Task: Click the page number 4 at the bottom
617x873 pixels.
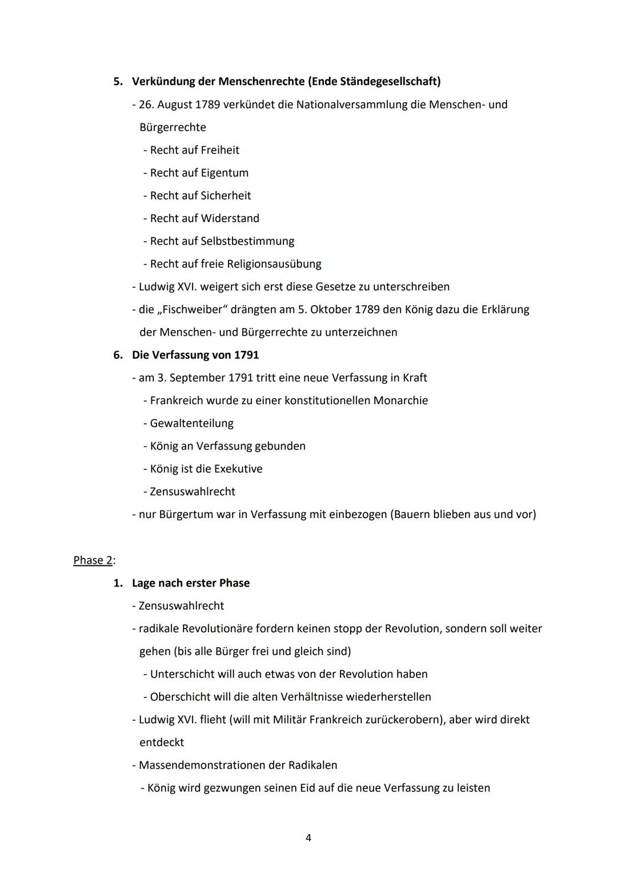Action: pos(308,838)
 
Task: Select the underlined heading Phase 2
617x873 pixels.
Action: pos(93,560)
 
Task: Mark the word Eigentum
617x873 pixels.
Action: pos(225,173)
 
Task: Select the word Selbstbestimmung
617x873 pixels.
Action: pos(247,241)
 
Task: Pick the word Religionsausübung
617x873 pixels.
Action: pos(274,264)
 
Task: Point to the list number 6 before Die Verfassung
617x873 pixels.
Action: pos(117,355)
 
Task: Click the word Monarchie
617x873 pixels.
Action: pos(400,401)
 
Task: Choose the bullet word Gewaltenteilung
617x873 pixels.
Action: pos(192,424)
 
